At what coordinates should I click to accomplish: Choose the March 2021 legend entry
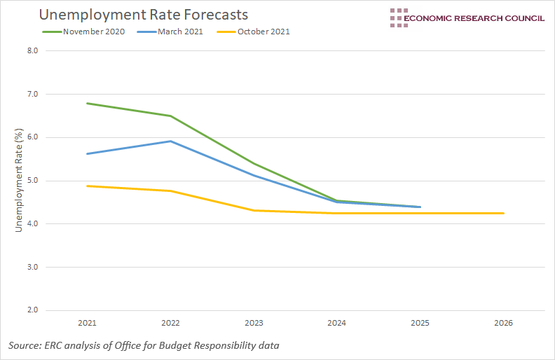point(174,32)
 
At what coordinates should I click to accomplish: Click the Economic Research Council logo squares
point(399,18)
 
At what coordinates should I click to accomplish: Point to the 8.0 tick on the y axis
point(32,50)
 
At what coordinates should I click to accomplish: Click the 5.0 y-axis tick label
point(32,181)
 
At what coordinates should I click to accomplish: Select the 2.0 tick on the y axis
point(32,310)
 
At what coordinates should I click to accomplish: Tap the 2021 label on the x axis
point(88,324)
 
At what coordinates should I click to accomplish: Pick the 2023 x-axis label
point(254,324)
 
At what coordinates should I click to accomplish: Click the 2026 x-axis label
point(503,324)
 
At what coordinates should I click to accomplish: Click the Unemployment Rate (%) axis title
point(20,181)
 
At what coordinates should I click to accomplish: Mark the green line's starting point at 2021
point(88,104)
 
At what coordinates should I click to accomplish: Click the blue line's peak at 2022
point(170,141)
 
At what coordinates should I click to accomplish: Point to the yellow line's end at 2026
point(503,213)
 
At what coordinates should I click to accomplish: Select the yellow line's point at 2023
point(254,210)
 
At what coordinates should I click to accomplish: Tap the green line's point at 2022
point(170,116)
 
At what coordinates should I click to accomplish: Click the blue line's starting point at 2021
point(88,153)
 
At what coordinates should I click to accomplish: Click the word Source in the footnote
point(23,346)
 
